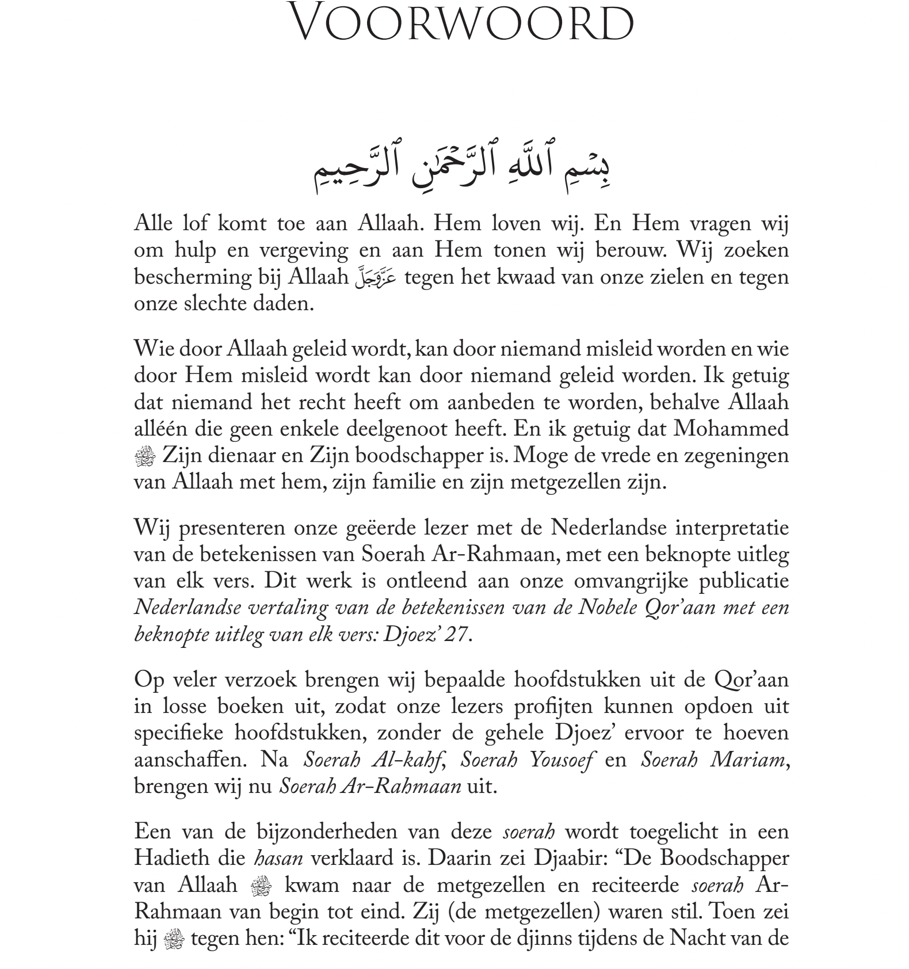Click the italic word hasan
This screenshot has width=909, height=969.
click(x=278, y=859)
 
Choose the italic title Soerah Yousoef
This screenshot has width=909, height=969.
click(x=527, y=760)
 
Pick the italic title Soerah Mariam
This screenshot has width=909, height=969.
click(x=713, y=760)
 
